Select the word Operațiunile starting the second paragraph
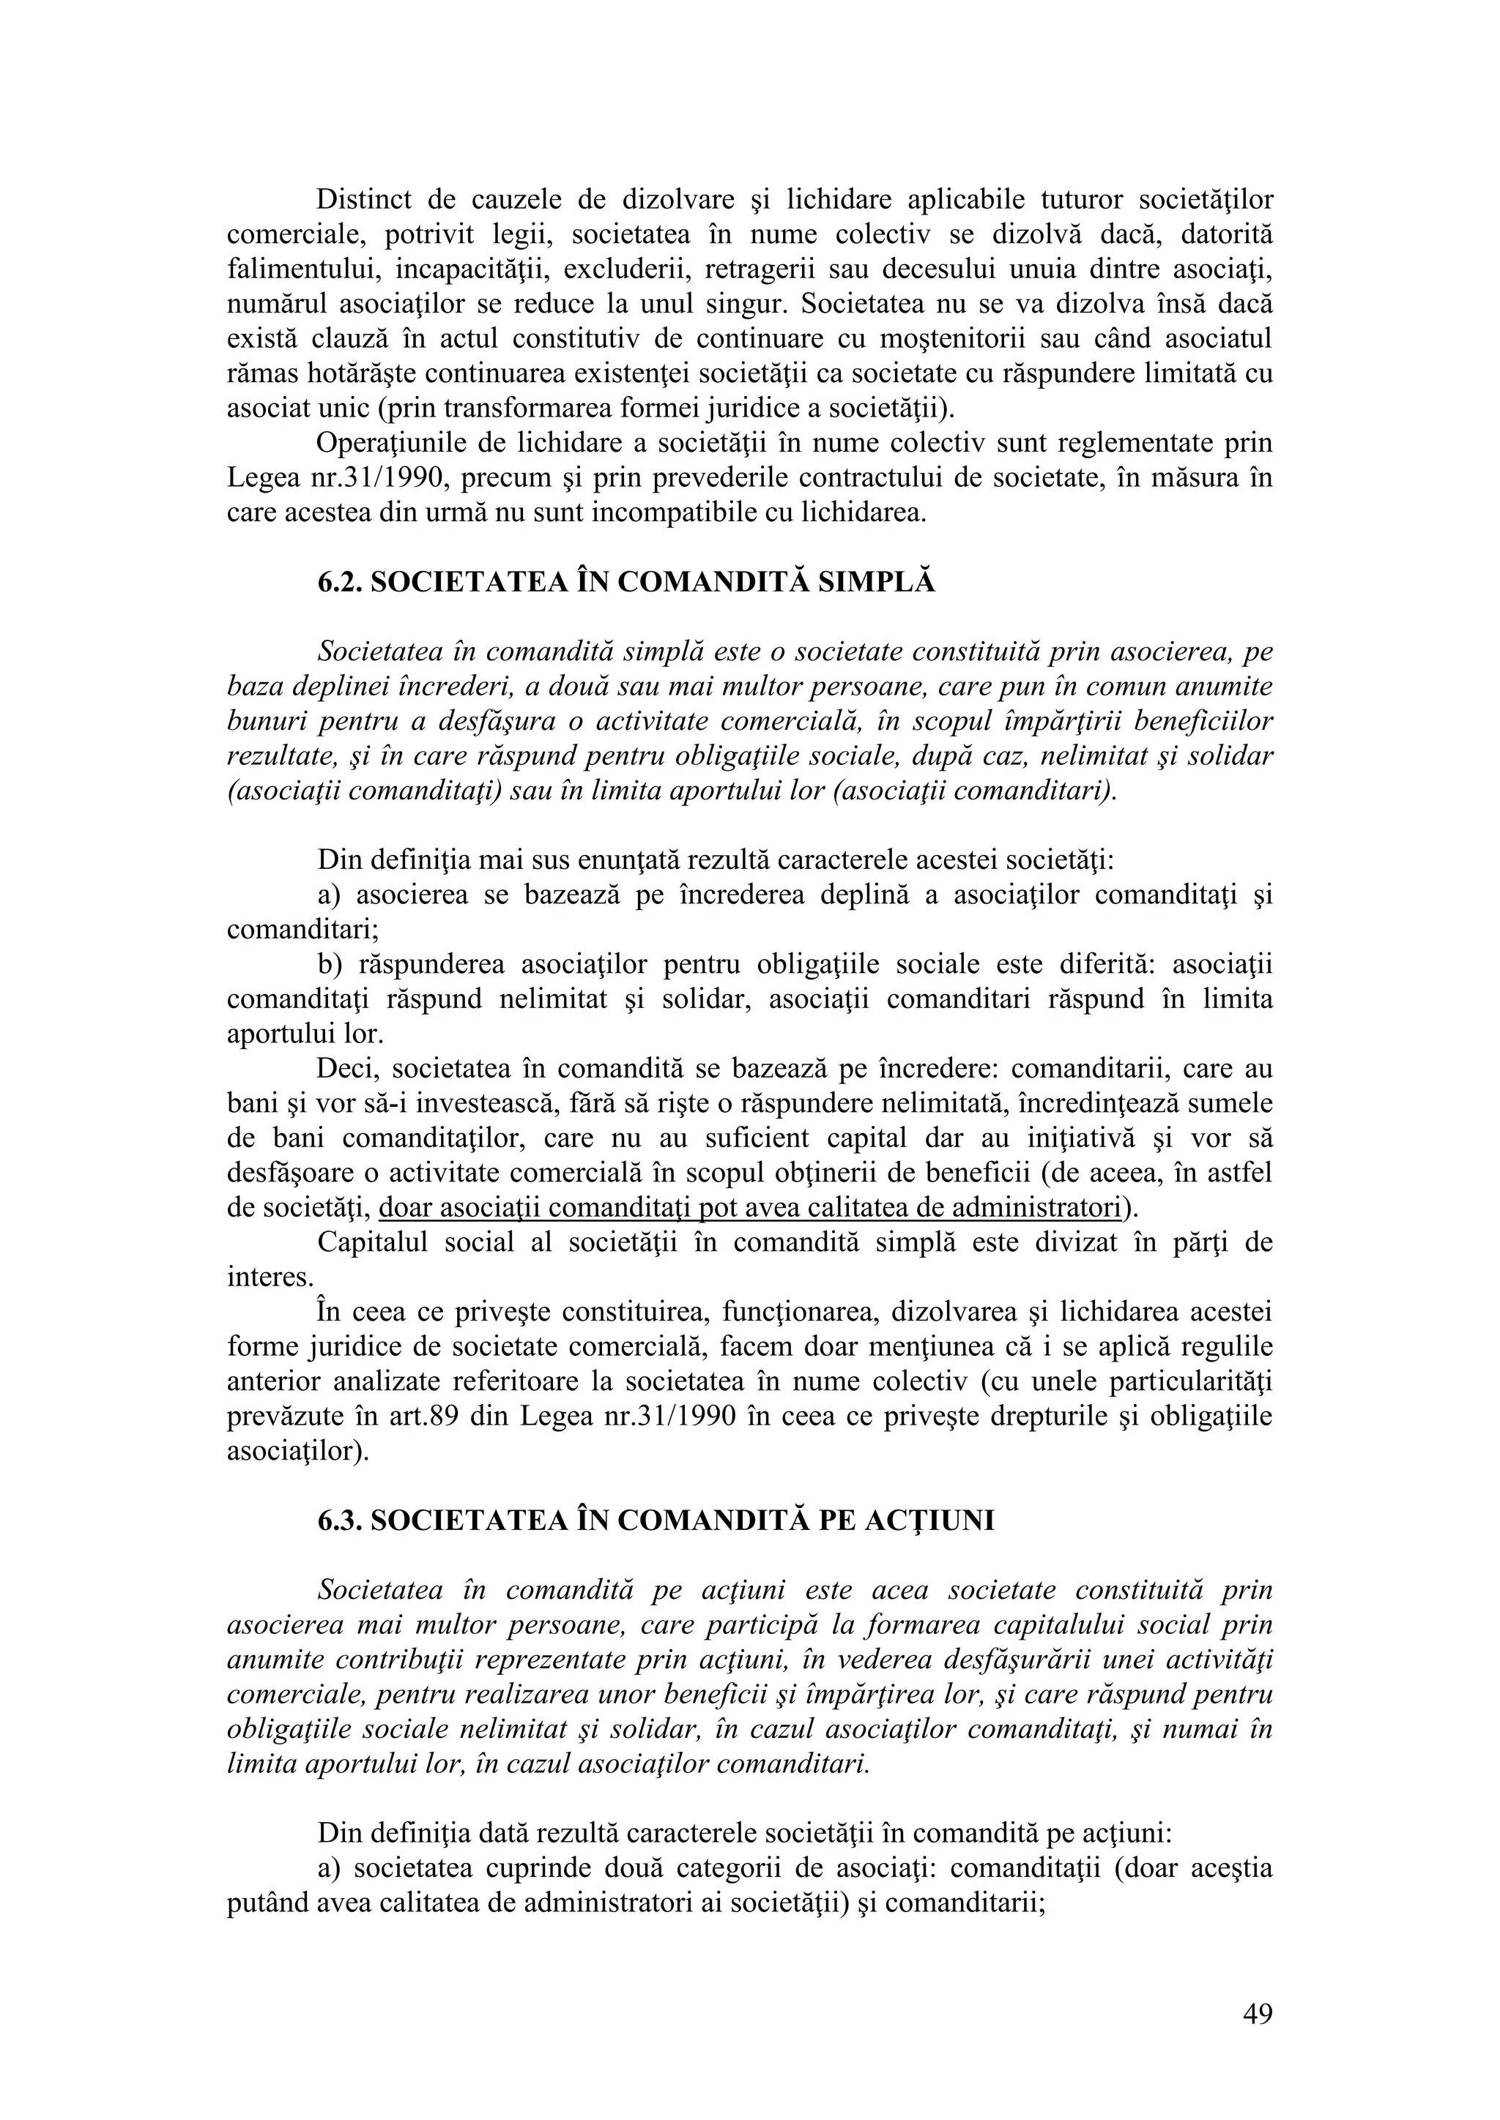pyautogui.click(x=389, y=443)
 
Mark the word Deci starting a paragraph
pyautogui.click(x=346, y=1070)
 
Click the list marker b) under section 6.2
pyautogui.click(x=330, y=965)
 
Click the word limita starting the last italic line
pyautogui.click(x=261, y=1764)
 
